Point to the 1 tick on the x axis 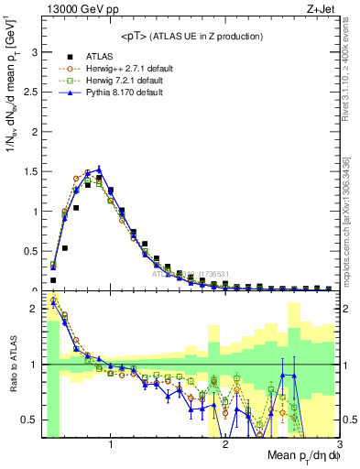(111, 444)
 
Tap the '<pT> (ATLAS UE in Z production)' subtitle (191, 37)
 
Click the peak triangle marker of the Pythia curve (99, 169)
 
